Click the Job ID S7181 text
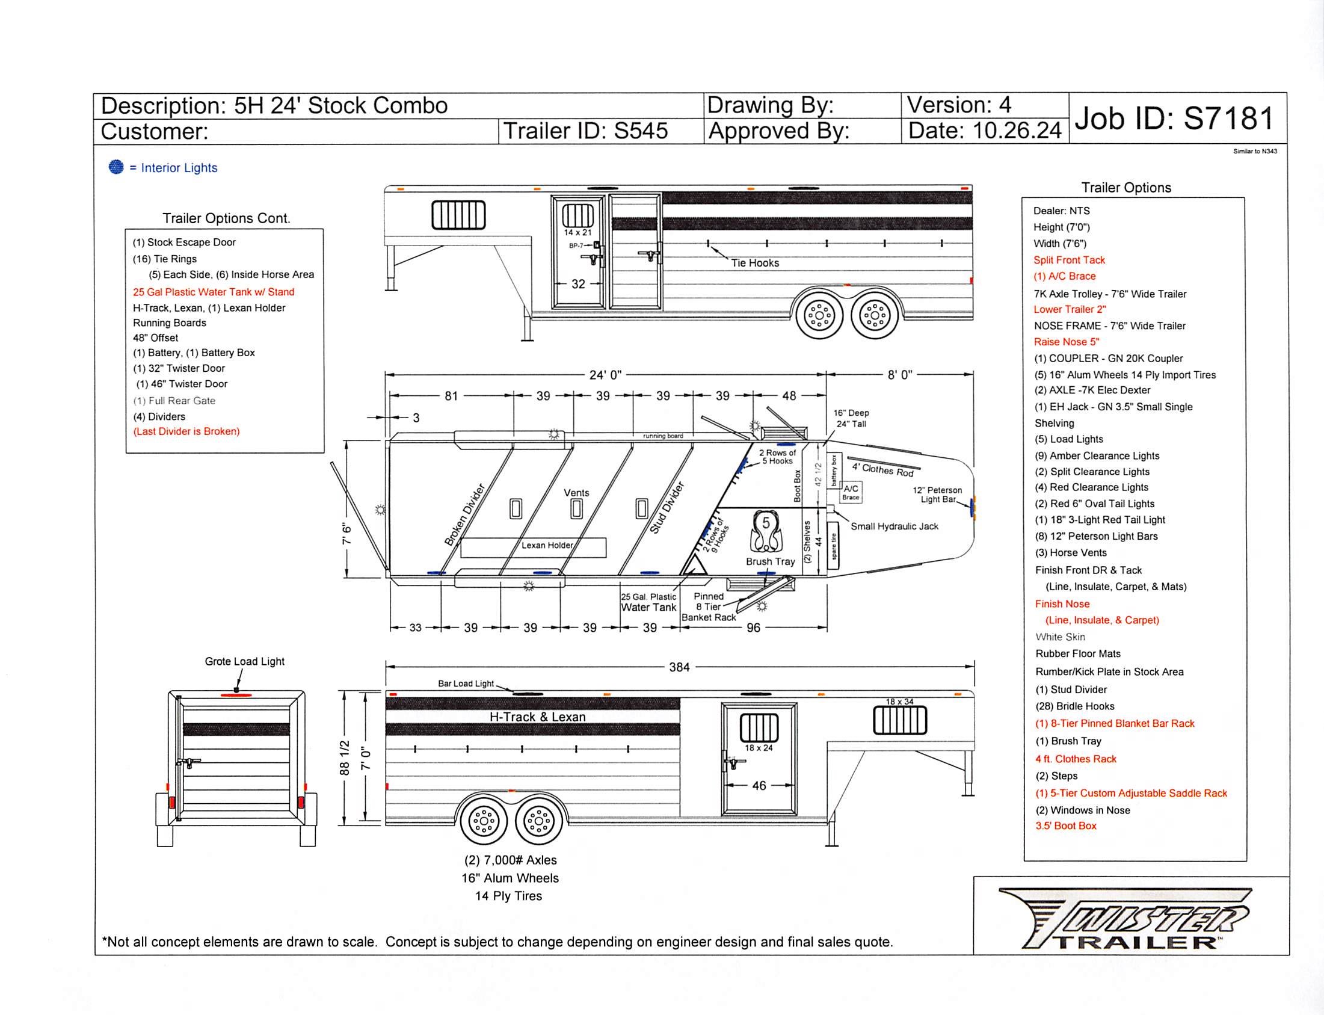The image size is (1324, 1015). point(1174,118)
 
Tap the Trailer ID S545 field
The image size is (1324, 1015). point(585,131)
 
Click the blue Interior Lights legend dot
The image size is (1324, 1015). point(116,167)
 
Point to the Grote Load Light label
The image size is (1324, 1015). point(244,662)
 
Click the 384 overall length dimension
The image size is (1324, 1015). point(679,667)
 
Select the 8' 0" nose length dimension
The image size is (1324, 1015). point(899,375)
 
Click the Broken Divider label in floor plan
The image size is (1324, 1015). point(464,515)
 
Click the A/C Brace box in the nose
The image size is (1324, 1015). point(851,492)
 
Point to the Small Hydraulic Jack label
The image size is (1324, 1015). point(894,526)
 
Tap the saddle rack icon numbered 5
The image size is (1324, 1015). point(765,531)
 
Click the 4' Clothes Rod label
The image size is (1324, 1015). point(882,469)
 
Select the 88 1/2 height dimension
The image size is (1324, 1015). point(345,757)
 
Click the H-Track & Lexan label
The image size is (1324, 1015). point(537,717)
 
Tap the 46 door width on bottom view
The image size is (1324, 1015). point(759,785)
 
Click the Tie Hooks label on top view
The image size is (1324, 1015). point(754,263)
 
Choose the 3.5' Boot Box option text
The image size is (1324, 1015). point(1065,826)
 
